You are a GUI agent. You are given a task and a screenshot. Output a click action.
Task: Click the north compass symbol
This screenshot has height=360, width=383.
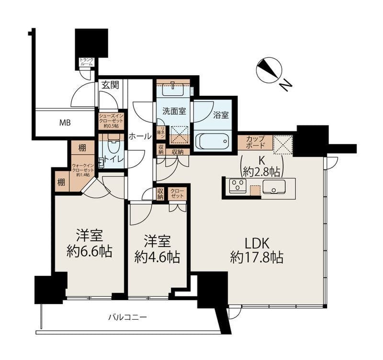pyautogui.click(x=268, y=70)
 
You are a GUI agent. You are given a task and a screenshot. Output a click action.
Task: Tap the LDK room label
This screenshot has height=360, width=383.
pyautogui.click(x=256, y=242)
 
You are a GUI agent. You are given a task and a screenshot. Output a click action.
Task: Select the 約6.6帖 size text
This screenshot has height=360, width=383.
pyautogui.click(x=90, y=252)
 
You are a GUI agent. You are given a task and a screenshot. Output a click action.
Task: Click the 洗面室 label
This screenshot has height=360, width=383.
pyautogui.click(x=173, y=112)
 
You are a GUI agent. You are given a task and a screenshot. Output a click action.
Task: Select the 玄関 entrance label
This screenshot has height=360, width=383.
pyautogui.click(x=110, y=85)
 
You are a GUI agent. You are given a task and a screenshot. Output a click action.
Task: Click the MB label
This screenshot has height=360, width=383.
pyautogui.click(x=65, y=123)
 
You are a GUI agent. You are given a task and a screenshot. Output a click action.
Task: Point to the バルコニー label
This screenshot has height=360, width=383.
pyautogui.click(x=127, y=317)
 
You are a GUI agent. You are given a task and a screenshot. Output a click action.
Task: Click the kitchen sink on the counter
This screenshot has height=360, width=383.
pyautogui.click(x=274, y=186)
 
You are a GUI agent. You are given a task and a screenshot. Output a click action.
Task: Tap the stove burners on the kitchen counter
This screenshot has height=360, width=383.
pyautogui.click(x=237, y=186)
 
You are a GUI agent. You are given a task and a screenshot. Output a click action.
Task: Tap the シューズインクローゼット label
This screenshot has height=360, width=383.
pyautogui.click(x=111, y=121)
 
